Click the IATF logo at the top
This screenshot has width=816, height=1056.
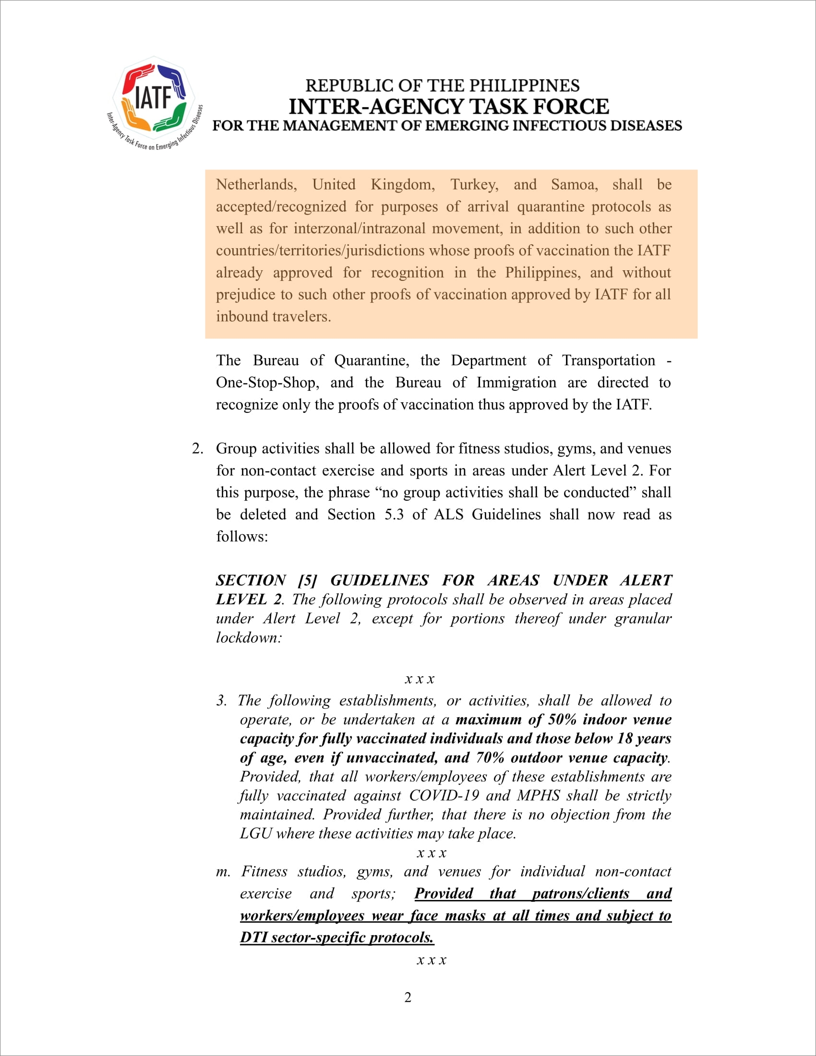pos(154,101)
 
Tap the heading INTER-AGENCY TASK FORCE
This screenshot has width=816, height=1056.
pos(449,107)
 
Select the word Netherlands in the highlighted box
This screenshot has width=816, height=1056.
pos(256,185)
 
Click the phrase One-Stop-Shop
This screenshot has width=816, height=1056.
pos(267,383)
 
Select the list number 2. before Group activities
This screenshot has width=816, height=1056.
pos(197,448)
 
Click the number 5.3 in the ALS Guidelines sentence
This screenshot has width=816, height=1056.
pos(394,514)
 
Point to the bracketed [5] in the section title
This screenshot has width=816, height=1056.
pos(308,580)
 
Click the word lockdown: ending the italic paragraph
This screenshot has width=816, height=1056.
pos(249,638)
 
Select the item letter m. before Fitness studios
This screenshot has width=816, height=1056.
pos(223,871)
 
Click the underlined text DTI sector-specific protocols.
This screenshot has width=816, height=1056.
pos(336,937)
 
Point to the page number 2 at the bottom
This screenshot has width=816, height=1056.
pos(408,997)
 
